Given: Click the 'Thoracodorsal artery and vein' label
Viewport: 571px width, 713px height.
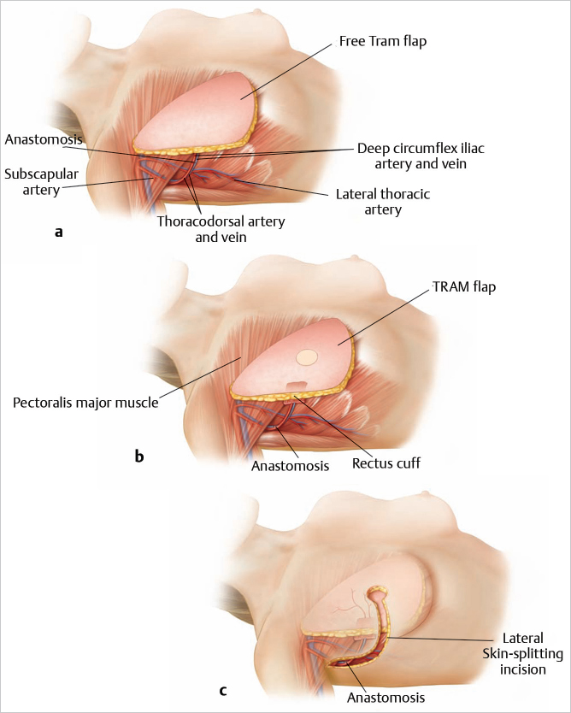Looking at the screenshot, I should (x=221, y=229).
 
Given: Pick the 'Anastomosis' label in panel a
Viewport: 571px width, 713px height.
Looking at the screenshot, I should (x=42, y=138).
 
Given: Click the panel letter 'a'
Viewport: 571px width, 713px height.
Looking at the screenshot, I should (x=57, y=231).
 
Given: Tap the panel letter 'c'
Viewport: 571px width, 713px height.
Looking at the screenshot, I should (x=223, y=690).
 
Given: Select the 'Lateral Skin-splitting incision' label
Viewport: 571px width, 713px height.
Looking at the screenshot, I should (x=523, y=654).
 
